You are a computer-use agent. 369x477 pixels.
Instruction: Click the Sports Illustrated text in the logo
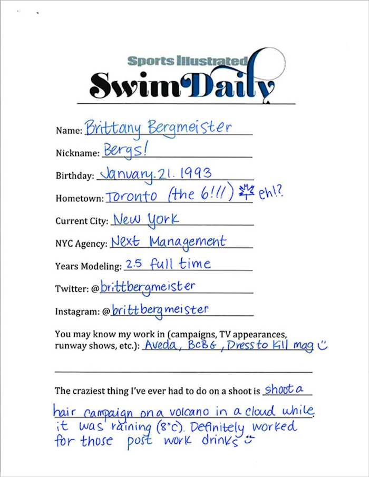(x=187, y=61)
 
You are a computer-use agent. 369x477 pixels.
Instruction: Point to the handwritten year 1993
(x=193, y=172)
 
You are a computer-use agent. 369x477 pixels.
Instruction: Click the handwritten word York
(x=163, y=219)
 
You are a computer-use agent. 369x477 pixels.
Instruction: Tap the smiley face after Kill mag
(x=323, y=346)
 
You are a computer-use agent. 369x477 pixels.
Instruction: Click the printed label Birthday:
(x=74, y=176)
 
